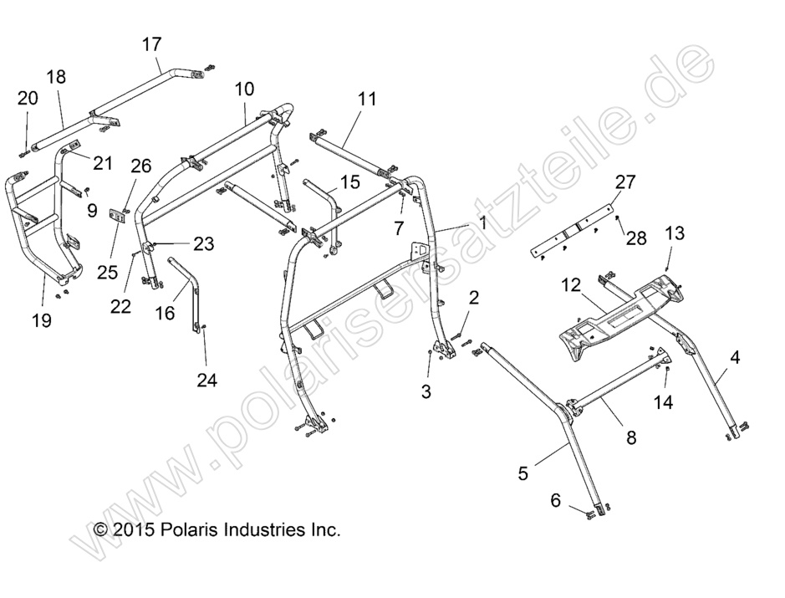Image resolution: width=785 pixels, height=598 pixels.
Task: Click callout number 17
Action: (x=151, y=44)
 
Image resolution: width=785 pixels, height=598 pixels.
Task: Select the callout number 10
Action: (x=244, y=88)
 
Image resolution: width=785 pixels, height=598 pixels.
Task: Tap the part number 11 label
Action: (x=367, y=99)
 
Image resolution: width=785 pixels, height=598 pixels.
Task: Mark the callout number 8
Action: (x=630, y=436)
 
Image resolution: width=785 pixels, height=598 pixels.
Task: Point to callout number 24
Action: (x=206, y=381)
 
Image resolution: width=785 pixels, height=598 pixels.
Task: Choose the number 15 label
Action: (x=349, y=181)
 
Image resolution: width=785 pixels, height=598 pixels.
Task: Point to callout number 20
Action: (x=28, y=99)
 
